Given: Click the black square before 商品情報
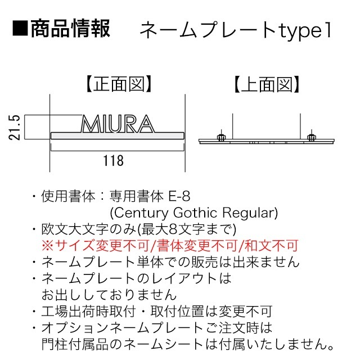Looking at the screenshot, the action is point(20,29).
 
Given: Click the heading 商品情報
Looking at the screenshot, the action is point(70,29).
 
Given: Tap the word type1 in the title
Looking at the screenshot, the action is point(305,31).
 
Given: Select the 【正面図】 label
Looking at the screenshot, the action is point(119,84).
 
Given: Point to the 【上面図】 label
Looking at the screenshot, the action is point(267,84).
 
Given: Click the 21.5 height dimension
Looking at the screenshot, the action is point(15,128).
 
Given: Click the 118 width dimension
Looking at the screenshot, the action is point(114,160).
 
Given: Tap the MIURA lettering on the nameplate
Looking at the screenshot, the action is point(118,124).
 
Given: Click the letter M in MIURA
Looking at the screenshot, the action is point(91,124).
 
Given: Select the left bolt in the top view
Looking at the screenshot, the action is point(221,137).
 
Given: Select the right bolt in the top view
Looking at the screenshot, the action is point(312,137).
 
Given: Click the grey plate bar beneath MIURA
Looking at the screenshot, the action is point(118,136).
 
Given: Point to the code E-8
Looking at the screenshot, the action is point(179,196).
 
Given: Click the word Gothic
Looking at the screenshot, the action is point(195,213).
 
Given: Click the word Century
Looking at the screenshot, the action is point(141,213).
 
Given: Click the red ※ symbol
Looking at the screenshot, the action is point(47,245).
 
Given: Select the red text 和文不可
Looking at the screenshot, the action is point(272,245).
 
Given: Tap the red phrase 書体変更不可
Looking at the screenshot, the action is point(197,245).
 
